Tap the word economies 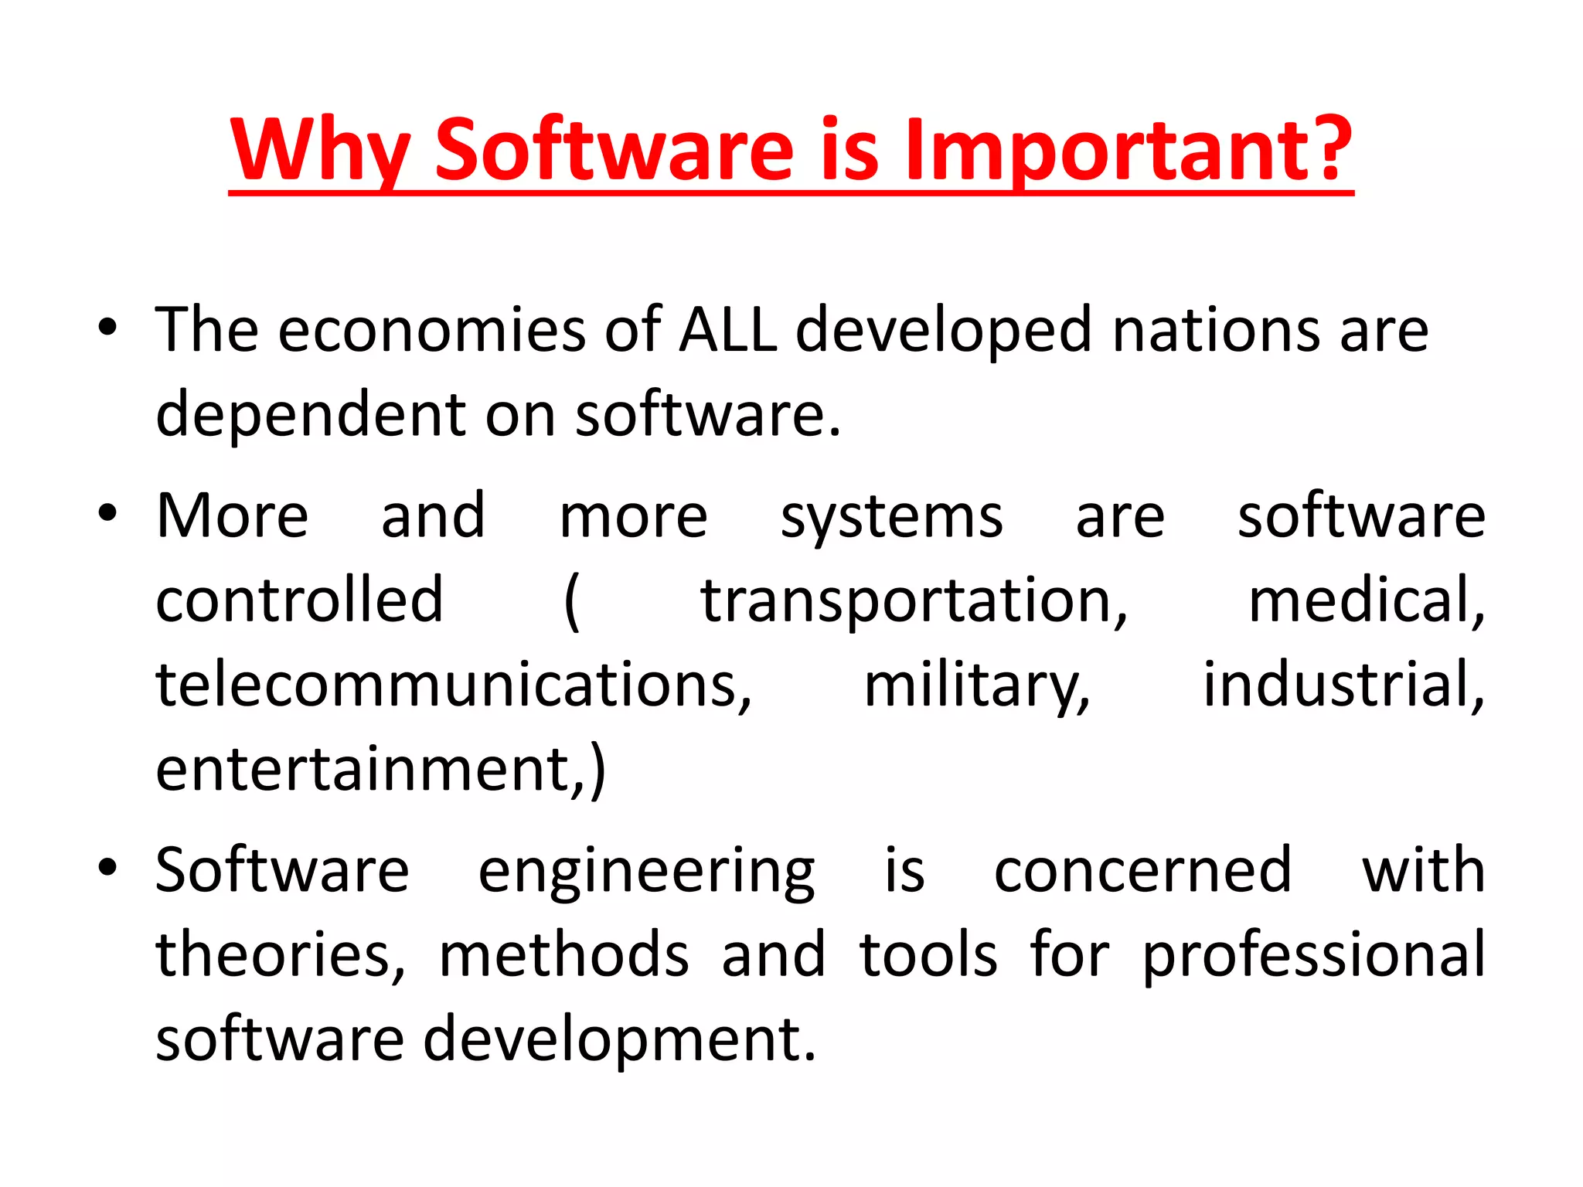(431, 330)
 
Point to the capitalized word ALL (727, 330)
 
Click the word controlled (299, 600)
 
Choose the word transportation (914, 601)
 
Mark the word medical (1366, 600)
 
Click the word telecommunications (453, 685)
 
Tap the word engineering (646, 872)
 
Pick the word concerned (1142, 870)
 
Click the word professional (1313, 955)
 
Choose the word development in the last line (618, 1039)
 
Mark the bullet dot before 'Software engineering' (107, 866)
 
